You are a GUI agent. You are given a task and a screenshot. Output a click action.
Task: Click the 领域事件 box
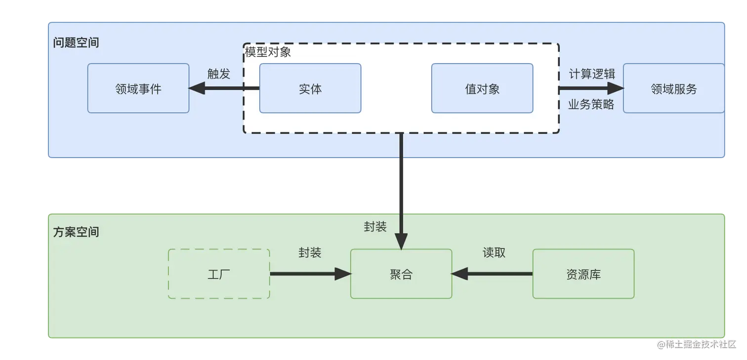(x=138, y=88)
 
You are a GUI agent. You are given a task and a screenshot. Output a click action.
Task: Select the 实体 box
(x=310, y=88)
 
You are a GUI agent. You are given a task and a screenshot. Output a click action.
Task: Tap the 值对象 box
(x=482, y=88)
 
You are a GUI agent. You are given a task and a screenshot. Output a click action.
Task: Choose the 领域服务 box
(x=673, y=88)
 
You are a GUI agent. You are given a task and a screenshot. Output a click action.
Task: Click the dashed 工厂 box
(x=219, y=274)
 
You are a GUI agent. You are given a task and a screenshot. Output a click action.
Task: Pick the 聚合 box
(x=401, y=274)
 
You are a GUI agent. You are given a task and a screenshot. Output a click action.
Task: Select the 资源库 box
(x=583, y=274)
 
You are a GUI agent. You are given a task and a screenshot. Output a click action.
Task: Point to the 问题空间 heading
(x=76, y=42)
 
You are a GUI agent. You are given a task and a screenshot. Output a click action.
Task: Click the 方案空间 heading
(x=76, y=232)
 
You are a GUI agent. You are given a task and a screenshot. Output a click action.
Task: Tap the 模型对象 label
(x=268, y=52)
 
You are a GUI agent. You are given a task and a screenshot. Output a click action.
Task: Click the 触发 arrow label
(x=219, y=74)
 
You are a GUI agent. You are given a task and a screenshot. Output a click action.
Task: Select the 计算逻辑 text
(x=591, y=74)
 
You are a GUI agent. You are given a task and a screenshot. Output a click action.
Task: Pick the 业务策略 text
(x=591, y=104)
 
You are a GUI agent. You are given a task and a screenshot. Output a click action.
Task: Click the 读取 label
(x=494, y=252)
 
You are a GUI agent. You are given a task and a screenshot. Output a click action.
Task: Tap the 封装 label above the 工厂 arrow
(x=310, y=252)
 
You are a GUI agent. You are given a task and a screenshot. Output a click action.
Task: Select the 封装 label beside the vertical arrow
(x=375, y=226)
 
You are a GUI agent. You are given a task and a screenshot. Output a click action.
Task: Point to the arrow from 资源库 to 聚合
(x=492, y=274)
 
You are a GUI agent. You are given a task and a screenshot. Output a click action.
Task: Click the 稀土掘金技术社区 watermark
(x=697, y=344)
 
